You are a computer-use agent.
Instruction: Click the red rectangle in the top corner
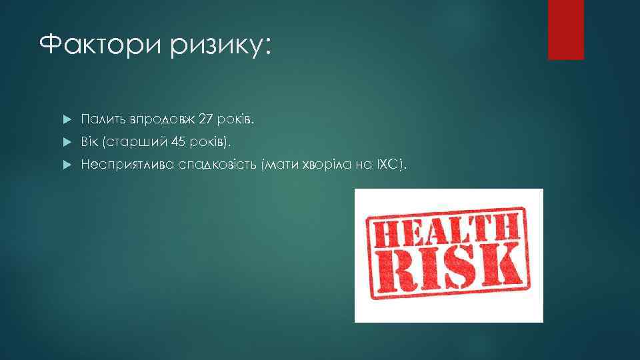coord(565,29)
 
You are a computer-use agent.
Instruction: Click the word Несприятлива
coord(127,164)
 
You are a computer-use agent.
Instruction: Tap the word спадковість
coord(219,164)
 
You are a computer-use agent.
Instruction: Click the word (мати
coord(280,164)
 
